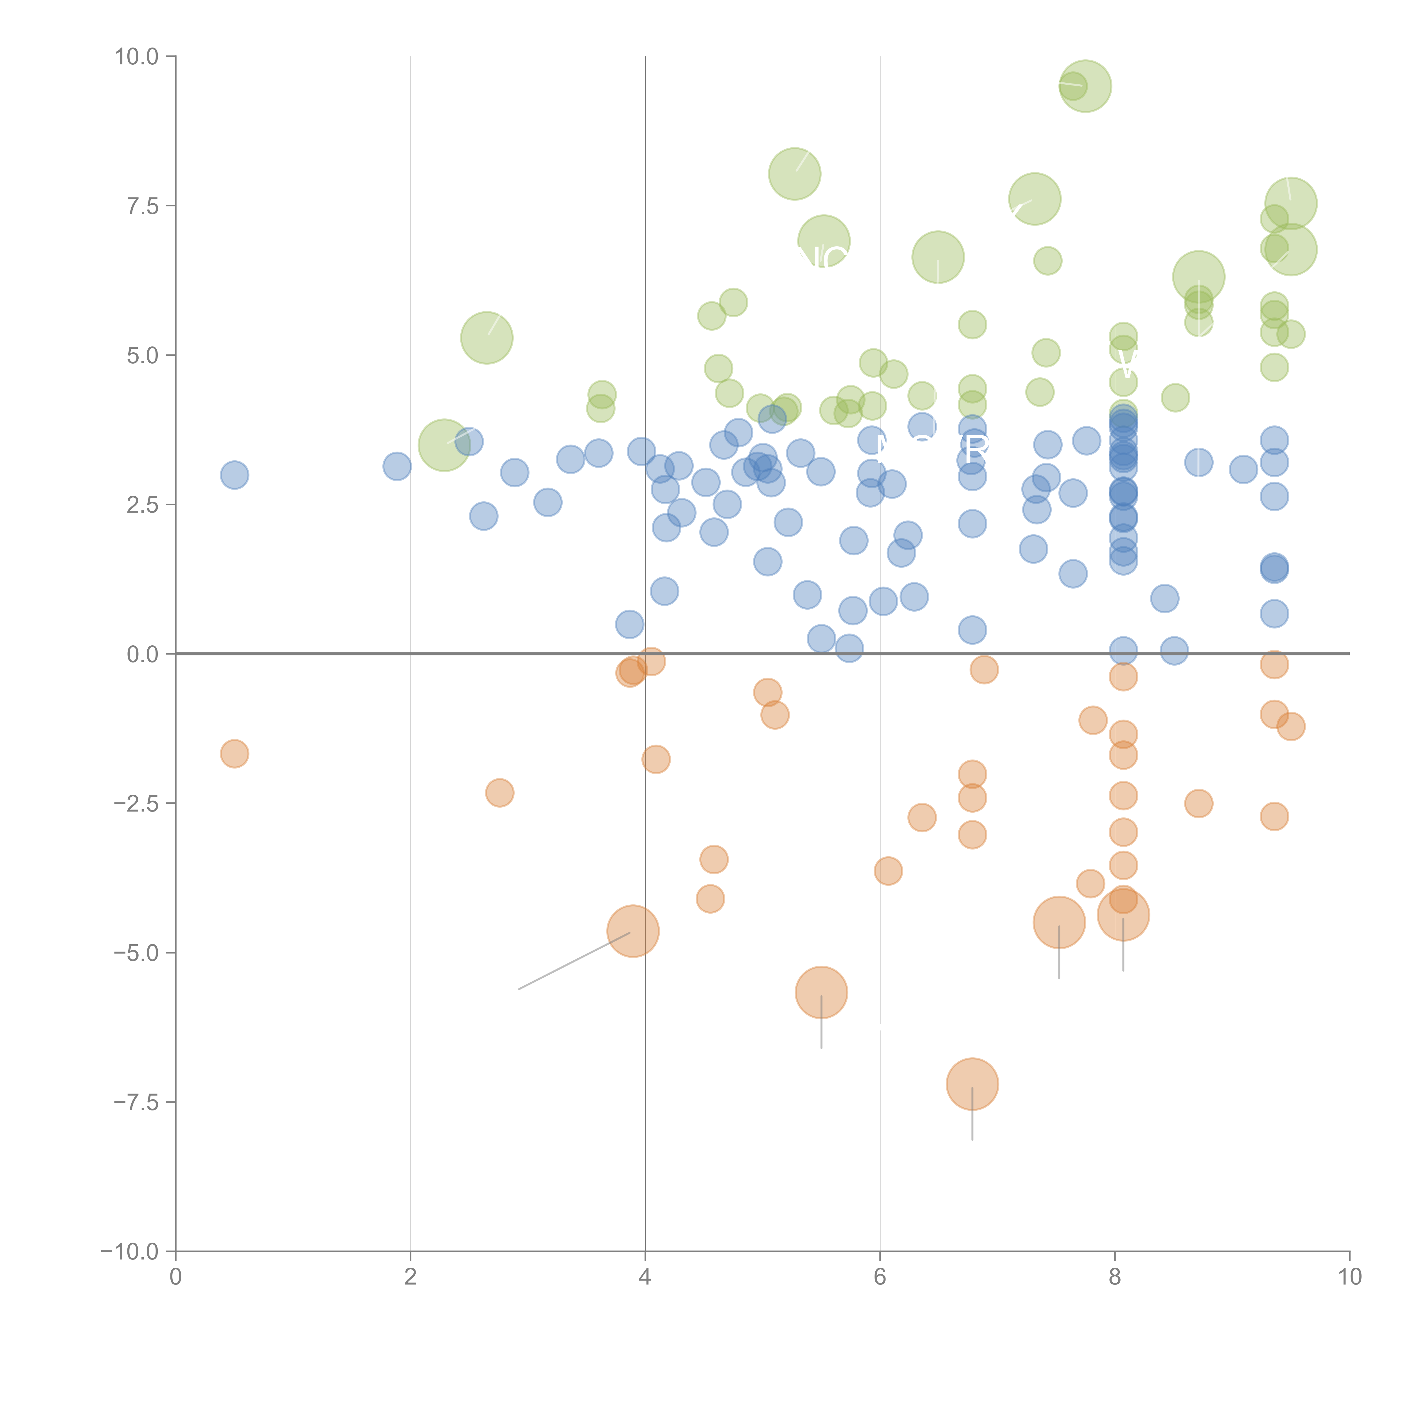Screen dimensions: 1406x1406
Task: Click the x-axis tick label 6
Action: coord(880,1277)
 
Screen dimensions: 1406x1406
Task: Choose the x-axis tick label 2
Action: coord(411,1277)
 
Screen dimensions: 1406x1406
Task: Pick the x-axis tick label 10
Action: coord(1349,1277)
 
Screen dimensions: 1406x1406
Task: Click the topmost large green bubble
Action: coord(1085,86)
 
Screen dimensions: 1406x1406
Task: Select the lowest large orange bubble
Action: coord(972,1084)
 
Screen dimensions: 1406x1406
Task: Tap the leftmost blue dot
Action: coord(234,475)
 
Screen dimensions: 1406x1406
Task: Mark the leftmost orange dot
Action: coord(234,754)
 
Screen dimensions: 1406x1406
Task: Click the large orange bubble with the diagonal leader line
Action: coord(633,932)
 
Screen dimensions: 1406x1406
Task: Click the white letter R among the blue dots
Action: coord(976,449)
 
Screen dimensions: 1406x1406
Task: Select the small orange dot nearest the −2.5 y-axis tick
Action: coord(499,792)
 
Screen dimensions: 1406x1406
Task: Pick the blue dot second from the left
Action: coord(396,466)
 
